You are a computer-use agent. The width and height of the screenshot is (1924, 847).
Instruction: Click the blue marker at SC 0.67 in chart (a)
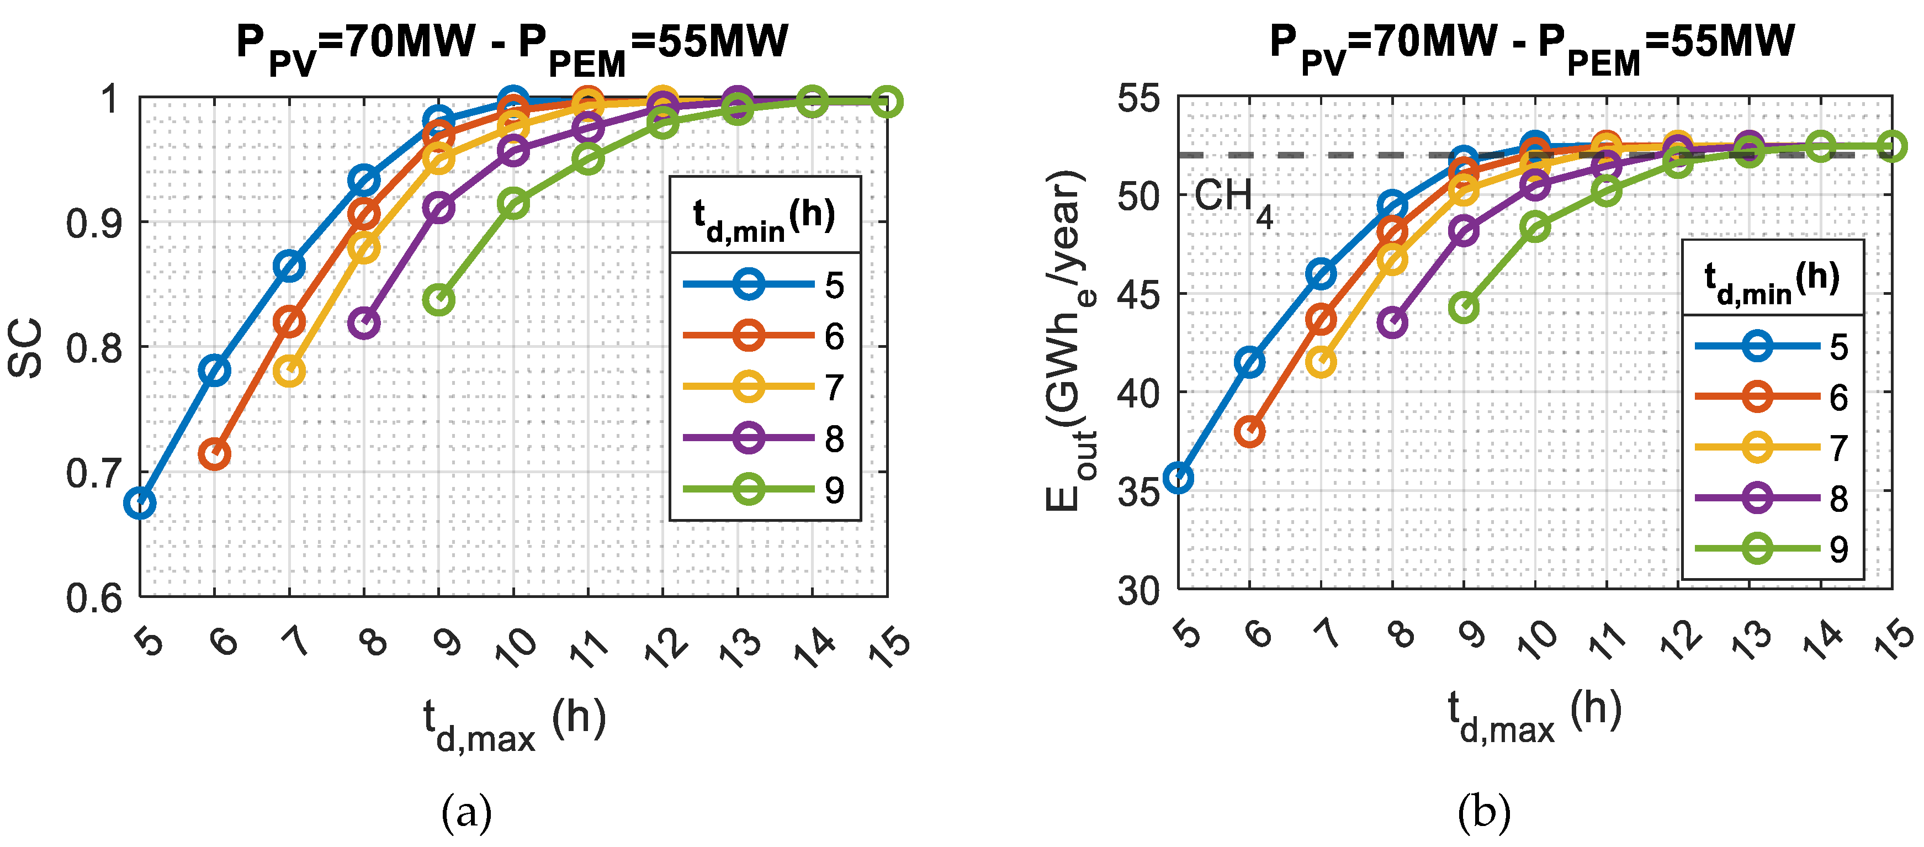tap(140, 504)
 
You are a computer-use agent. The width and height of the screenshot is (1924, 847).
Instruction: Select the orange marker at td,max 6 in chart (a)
tap(214, 453)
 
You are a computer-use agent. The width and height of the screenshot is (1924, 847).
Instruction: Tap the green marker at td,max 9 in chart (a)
tap(438, 299)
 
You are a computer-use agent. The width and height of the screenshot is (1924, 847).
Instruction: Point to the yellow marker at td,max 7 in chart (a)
tap(289, 371)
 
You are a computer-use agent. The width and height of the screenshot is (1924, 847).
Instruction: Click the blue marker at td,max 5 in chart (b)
tap(1179, 478)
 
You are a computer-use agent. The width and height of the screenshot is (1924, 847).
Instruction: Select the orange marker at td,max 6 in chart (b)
tap(1249, 432)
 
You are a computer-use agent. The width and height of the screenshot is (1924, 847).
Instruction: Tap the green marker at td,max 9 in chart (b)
tap(1464, 308)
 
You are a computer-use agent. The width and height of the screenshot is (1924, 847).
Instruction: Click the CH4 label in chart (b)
tap(1232, 202)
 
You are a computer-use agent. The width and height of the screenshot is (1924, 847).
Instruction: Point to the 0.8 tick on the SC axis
tap(94, 348)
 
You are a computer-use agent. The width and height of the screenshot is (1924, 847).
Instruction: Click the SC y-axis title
tap(25, 348)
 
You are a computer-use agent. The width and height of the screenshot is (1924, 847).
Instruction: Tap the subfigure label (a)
tap(467, 813)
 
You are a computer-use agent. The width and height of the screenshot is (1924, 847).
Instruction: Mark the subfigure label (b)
tap(1484, 813)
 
